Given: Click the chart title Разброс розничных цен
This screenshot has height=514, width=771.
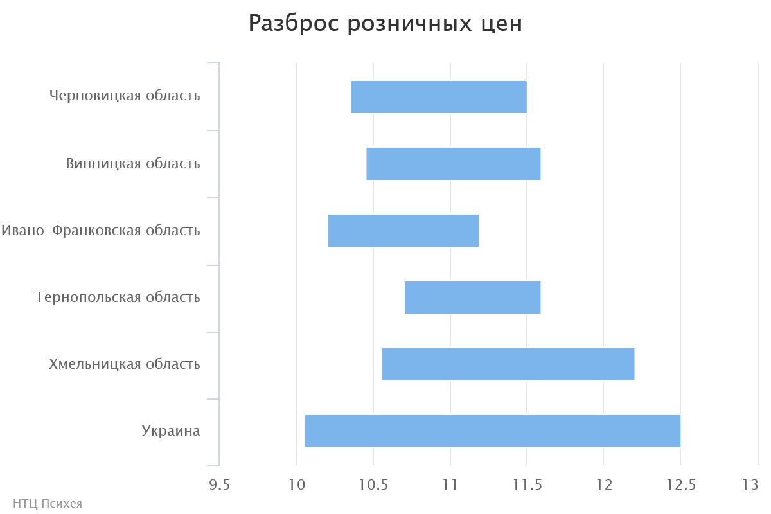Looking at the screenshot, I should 385,24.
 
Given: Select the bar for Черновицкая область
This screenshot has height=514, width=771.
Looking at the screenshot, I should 439,97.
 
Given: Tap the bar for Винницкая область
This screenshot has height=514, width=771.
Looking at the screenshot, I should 454,164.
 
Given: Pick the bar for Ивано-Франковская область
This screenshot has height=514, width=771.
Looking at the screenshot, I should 403,231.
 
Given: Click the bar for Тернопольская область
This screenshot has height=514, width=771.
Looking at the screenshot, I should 473,297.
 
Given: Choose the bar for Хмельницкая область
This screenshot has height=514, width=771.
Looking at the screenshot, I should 508,364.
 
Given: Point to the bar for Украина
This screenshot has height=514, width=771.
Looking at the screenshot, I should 492,431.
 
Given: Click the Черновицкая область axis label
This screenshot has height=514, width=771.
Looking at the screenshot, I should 125,96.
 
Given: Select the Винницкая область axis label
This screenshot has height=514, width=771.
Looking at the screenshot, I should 133,163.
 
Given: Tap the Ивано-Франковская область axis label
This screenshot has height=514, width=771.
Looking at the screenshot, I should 101,230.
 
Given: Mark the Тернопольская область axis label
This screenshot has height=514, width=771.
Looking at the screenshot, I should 118,297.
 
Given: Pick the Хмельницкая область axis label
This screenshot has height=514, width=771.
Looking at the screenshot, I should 125,364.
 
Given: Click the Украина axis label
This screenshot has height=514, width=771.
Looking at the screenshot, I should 171,431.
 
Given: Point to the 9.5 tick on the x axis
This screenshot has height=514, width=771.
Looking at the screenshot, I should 220,485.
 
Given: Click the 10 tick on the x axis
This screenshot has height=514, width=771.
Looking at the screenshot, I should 296,485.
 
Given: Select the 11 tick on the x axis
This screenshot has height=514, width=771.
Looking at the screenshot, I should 450,485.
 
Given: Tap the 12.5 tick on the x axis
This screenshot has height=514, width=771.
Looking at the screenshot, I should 680,485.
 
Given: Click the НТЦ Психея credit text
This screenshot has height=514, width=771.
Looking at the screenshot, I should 48,504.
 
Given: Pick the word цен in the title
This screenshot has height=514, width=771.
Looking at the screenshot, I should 502,24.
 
